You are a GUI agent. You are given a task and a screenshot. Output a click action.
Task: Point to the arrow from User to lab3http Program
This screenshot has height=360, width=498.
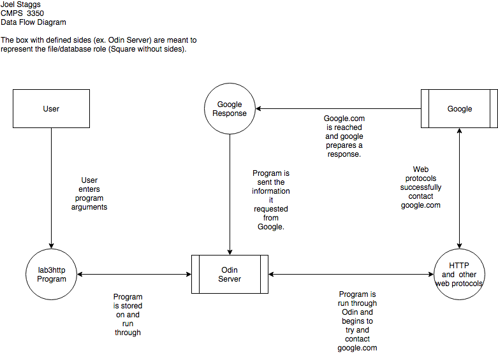pos(51,188)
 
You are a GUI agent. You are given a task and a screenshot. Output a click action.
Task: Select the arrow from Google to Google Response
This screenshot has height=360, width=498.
pos(338,108)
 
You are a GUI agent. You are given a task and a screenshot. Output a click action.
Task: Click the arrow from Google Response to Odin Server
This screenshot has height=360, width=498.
pos(230,194)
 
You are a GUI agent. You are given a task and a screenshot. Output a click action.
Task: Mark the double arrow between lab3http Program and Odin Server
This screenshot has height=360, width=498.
pos(134,274)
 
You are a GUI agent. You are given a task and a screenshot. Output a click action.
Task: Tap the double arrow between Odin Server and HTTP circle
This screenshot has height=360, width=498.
pos(351,274)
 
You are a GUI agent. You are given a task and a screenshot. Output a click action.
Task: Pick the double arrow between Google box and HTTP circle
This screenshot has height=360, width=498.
pos(459,188)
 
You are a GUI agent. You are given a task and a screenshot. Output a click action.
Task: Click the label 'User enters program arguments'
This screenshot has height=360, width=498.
pos(89,194)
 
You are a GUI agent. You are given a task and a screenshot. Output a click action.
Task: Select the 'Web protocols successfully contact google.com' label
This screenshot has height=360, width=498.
pos(420,187)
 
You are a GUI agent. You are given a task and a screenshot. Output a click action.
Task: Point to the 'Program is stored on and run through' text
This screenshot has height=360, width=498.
pos(128,315)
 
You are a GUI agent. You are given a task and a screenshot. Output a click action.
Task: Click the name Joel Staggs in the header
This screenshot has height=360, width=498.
pos(20,4)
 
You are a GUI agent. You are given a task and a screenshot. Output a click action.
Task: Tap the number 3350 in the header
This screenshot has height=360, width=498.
pos(35,13)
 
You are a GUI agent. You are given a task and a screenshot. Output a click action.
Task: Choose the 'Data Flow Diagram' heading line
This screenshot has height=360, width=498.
pos(33,22)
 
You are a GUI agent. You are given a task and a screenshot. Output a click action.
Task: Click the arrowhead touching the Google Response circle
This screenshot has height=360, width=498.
pos(258,108)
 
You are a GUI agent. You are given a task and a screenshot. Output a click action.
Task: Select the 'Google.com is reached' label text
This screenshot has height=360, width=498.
pos(344,123)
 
